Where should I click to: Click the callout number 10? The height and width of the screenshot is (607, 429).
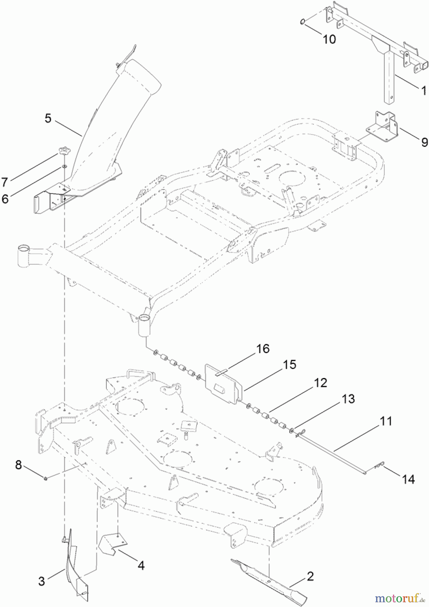329,39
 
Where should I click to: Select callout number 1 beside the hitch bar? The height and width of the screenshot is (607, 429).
423,90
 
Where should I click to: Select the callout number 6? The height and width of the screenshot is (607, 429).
5,199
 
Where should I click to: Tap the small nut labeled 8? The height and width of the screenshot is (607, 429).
45,477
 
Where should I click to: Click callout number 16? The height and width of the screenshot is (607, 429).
263,349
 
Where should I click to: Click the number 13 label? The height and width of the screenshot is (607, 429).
348,399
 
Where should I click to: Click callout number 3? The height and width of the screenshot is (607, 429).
41,581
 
